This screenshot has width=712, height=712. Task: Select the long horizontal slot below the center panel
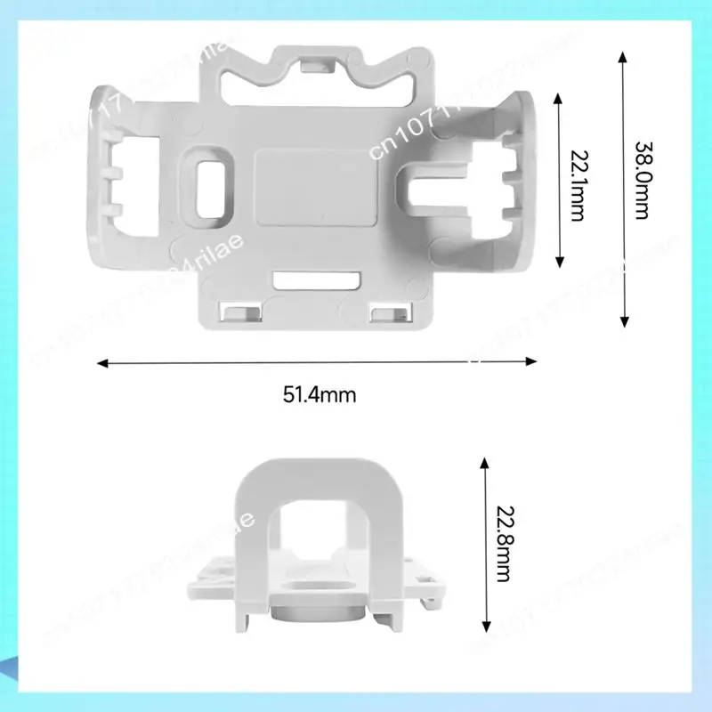click(316, 281)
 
